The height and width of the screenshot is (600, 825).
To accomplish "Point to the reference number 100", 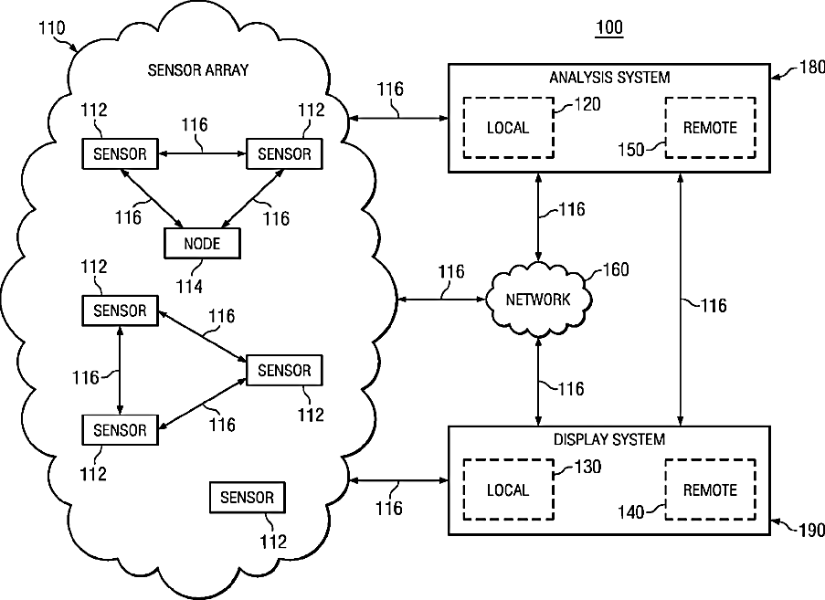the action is [x=609, y=27].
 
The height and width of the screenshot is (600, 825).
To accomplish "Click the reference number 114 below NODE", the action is [x=189, y=287].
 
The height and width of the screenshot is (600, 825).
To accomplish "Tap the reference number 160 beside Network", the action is [x=616, y=269].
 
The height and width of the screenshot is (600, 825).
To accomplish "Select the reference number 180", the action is [x=812, y=68].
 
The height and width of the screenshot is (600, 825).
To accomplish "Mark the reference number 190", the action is [x=812, y=531].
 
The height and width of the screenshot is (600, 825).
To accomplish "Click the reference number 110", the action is [x=51, y=27].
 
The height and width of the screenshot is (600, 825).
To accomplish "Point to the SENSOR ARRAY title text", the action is [x=198, y=70].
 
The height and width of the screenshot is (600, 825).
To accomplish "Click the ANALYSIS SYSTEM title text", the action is [x=609, y=78].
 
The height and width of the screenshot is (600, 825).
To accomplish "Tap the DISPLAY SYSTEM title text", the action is [x=609, y=439].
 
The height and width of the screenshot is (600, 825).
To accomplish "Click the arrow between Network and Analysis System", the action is [x=538, y=217].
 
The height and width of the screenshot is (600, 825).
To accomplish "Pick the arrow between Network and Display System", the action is [x=538, y=381].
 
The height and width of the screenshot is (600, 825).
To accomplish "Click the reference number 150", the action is [x=630, y=150].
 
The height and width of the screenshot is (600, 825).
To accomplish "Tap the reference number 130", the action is [x=587, y=467].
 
